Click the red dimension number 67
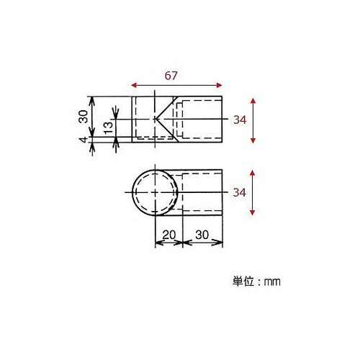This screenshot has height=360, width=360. click(x=171, y=74)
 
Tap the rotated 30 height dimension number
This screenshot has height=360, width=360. click(x=83, y=116)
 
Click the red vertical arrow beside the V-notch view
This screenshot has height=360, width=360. click(x=252, y=120)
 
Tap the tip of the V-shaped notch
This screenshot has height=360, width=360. click(x=156, y=119)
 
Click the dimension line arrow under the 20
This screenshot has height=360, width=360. click(x=169, y=243)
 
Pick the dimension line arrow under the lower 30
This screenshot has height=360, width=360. click(x=202, y=243)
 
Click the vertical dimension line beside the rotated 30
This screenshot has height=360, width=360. click(x=92, y=119)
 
